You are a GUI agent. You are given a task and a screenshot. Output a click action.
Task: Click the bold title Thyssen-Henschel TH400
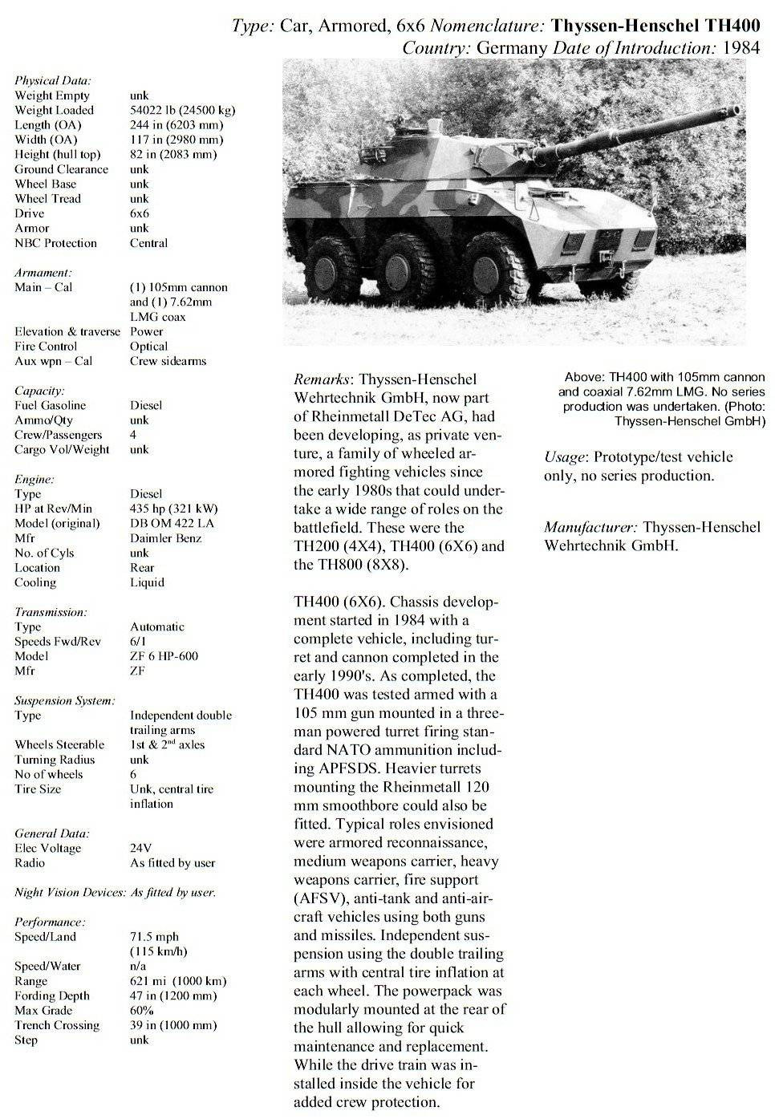coord(656,26)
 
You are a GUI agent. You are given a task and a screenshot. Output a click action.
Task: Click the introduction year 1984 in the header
coord(741,47)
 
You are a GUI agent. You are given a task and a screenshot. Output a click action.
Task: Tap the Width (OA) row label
coord(46,140)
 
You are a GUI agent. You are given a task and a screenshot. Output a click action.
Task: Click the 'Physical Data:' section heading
coord(52,80)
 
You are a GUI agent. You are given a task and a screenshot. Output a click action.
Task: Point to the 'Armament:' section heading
coord(43,273)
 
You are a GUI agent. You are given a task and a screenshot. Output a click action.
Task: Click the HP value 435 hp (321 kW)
coord(173,509)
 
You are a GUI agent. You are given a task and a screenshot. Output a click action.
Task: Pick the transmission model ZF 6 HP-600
coord(164,655)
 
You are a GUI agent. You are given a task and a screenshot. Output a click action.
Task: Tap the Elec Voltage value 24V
coord(140,848)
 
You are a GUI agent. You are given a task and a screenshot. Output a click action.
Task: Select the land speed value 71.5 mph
coord(154,936)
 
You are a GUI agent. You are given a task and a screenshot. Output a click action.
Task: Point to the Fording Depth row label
coord(52,995)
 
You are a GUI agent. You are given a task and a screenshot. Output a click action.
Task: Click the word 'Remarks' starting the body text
coord(321,379)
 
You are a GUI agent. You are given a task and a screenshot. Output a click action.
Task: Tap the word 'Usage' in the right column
coord(564,457)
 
